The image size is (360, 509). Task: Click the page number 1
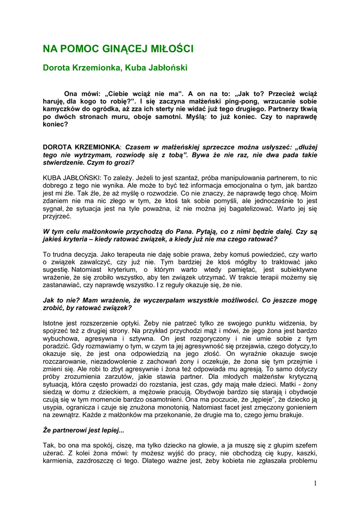(x=315, y=483)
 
